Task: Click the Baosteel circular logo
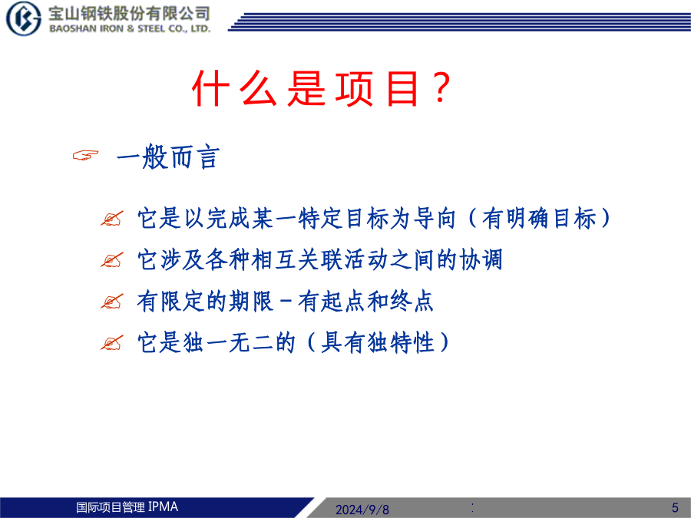click(x=23, y=18)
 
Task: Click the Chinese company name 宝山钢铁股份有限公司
click(x=129, y=14)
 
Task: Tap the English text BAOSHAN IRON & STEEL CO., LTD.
click(x=130, y=28)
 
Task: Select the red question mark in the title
click(x=441, y=88)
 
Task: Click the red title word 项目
click(x=377, y=89)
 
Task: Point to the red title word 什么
click(x=234, y=89)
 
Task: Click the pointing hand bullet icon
click(x=85, y=155)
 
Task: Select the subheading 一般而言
click(x=168, y=157)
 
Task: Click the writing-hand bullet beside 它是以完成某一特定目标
click(x=111, y=219)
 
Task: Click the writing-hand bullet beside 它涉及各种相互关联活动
click(x=111, y=260)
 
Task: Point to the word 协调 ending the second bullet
click(x=481, y=259)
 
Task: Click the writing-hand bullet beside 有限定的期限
click(x=111, y=302)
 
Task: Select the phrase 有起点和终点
click(x=365, y=302)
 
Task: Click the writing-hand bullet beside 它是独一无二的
click(x=111, y=343)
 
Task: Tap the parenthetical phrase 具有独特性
click(x=378, y=343)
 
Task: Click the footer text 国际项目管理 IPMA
click(x=127, y=507)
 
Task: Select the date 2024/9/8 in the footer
click(x=362, y=510)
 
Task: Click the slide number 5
click(x=675, y=507)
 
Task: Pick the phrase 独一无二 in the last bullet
click(x=228, y=343)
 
